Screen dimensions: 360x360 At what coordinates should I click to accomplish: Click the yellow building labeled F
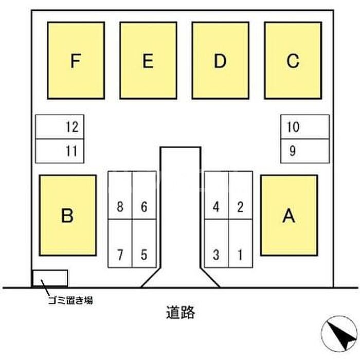click(76, 61)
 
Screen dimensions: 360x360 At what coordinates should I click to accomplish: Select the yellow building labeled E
click(148, 61)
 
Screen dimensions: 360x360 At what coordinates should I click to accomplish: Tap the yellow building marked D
click(221, 61)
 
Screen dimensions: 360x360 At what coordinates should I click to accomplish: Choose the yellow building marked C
click(293, 61)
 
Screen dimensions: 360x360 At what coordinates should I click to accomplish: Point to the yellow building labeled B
click(68, 215)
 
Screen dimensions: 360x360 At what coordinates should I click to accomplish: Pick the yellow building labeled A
click(289, 215)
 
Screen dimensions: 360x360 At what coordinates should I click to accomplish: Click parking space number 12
click(60, 127)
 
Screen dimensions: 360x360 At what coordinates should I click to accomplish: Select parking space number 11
click(60, 151)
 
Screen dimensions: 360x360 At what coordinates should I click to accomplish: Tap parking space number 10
click(305, 127)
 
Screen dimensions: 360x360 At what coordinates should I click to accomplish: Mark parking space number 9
click(305, 151)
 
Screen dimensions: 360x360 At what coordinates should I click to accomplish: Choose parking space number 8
click(120, 195)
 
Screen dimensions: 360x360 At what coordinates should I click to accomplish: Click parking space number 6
click(144, 195)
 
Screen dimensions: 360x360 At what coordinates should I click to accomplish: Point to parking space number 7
click(120, 243)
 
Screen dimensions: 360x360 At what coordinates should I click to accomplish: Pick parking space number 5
click(144, 243)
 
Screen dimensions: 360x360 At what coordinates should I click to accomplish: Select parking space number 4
click(217, 195)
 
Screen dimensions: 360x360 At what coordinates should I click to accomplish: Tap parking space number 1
click(241, 243)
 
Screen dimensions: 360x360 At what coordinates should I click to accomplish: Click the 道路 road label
click(181, 313)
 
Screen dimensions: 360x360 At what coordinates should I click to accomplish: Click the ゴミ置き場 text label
click(70, 300)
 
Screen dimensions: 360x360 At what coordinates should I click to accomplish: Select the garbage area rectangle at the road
click(50, 278)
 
